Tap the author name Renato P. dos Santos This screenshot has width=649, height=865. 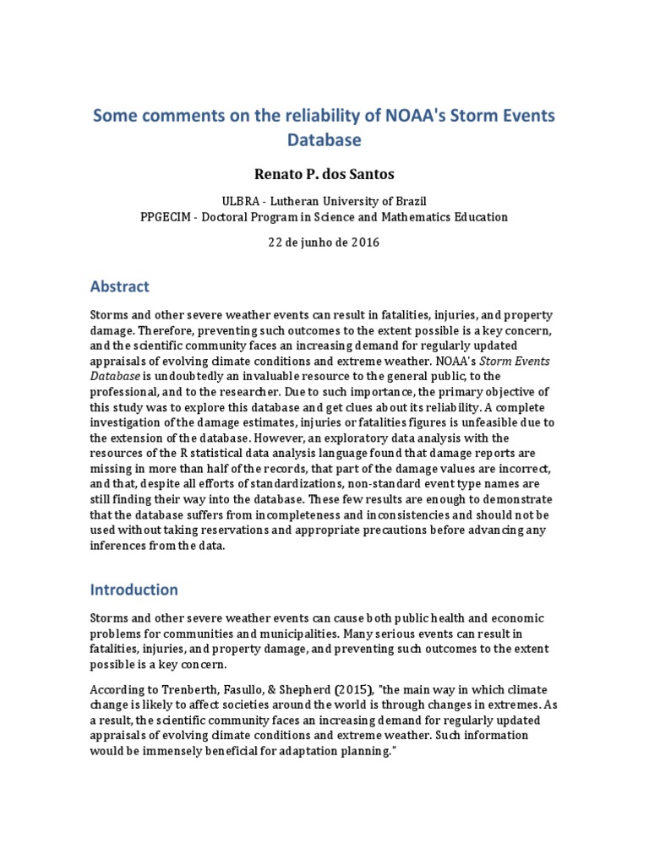coord(324,174)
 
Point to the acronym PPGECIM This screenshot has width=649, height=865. coord(167,216)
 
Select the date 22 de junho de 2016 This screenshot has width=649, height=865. coord(324,242)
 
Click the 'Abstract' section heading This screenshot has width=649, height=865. coord(119,286)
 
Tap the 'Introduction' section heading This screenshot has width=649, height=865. coord(134,589)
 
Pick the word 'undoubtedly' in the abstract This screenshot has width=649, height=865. coord(177,376)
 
